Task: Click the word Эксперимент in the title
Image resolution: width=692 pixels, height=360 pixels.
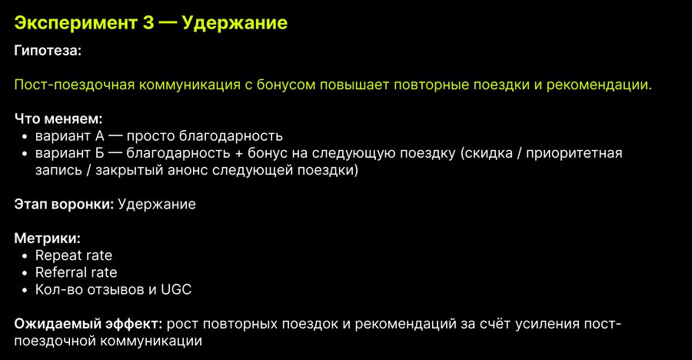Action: tap(75, 23)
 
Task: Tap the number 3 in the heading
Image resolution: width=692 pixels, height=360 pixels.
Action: tap(148, 22)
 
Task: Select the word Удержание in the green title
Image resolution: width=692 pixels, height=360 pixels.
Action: tap(235, 23)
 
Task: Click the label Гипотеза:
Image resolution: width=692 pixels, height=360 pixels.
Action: tap(48, 50)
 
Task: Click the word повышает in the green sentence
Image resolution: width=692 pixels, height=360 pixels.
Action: tap(354, 85)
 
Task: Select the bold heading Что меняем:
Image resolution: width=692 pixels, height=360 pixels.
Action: tap(58, 118)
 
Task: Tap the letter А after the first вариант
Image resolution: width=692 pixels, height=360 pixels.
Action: tap(100, 136)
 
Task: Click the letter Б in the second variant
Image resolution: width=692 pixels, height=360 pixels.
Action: tap(99, 153)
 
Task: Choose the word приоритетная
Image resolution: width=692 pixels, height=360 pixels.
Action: tap(574, 153)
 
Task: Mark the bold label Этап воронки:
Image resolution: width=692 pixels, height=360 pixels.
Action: tap(64, 204)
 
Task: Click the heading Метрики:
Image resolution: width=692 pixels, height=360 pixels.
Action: tap(47, 238)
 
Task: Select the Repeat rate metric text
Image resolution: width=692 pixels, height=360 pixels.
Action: tap(74, 255)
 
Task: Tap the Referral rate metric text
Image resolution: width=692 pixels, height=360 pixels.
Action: tap(76, 272)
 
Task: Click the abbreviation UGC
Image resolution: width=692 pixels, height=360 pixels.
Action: tap(176, 289)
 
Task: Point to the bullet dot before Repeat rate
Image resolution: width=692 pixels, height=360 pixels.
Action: tap(25, 256)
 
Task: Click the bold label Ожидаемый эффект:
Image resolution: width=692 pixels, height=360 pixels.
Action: tap(88, 324)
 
